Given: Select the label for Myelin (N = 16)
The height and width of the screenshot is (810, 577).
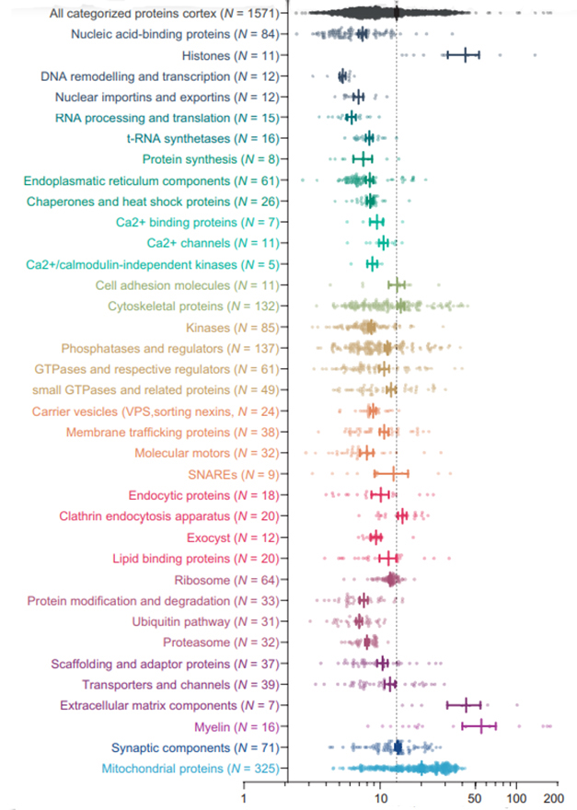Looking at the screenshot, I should [241, 727].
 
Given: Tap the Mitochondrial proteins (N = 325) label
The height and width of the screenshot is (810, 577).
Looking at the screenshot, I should [191, 768].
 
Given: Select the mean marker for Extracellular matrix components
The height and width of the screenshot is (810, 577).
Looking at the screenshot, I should [466, 706].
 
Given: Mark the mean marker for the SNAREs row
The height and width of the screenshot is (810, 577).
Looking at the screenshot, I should [394, 474].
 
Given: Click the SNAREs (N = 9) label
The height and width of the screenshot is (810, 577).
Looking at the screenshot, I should [239, 474].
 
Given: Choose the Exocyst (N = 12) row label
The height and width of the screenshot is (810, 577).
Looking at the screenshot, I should [234, 538].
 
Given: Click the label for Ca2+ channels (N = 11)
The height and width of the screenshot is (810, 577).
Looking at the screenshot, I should [216, 243].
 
